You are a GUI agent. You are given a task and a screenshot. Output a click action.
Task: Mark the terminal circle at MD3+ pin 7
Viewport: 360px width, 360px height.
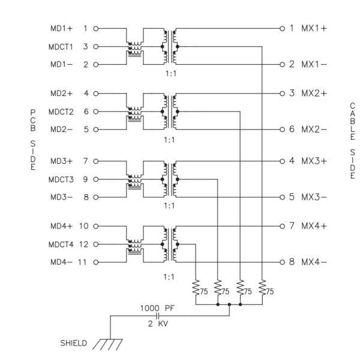[96, 161]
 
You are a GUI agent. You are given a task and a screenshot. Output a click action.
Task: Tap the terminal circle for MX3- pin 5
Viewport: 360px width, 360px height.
[281, 196]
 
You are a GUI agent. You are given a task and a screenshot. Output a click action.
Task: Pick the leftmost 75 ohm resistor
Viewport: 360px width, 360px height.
[196, 287]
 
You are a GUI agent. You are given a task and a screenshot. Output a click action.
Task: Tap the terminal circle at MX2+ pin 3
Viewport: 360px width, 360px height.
[281, 94]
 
